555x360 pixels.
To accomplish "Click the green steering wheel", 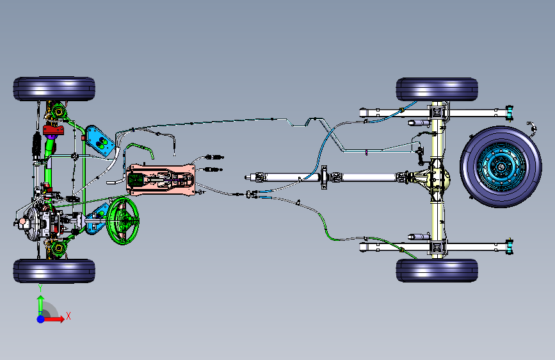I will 124,220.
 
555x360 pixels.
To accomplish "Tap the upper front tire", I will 54,89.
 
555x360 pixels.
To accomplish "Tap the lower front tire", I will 54,270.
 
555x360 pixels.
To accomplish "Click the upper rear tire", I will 437,90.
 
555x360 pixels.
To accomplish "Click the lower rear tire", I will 437,270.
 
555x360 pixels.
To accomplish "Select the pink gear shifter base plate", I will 161,179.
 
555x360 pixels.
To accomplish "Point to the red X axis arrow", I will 56,318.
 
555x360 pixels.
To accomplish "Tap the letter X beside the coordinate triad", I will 68,316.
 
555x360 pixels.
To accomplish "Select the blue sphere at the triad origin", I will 40,318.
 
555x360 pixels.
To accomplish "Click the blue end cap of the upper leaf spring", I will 510,112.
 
